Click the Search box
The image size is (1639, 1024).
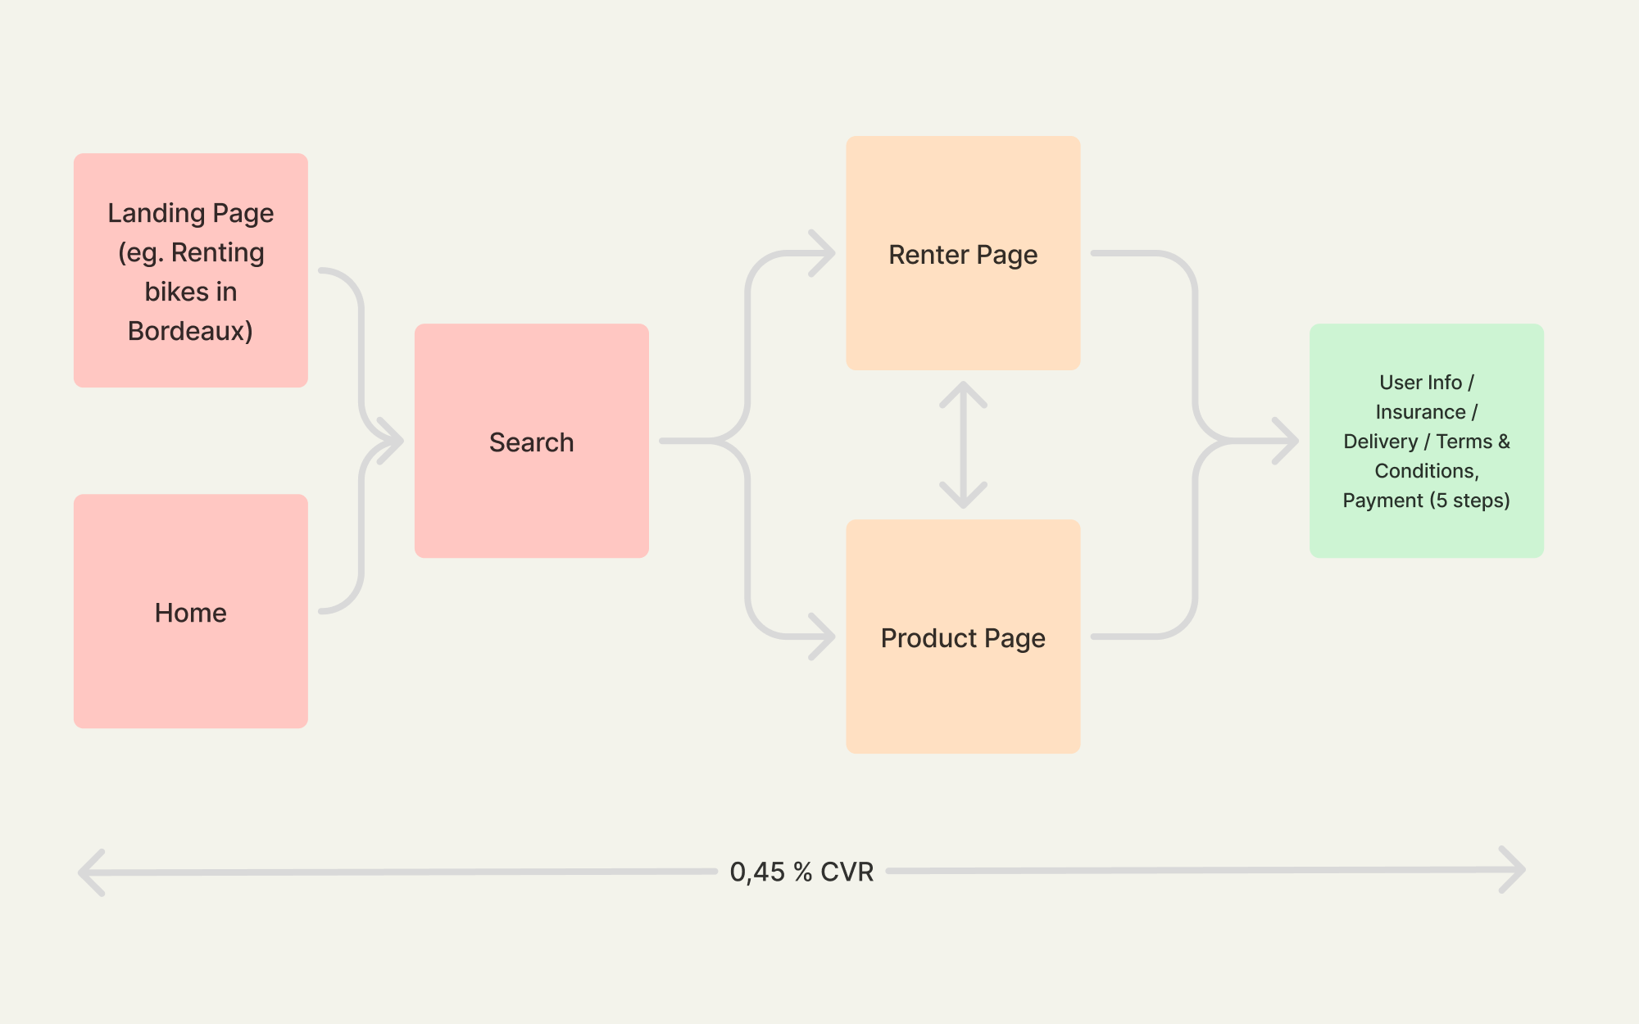531,441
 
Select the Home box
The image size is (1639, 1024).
191,611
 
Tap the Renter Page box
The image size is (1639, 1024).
963,253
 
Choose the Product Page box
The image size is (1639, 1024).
963,637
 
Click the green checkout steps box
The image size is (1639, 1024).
1427,441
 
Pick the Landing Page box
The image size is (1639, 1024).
191,270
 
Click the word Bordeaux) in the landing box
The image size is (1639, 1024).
190,331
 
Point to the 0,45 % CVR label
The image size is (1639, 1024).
801,872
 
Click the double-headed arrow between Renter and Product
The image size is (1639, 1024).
963,445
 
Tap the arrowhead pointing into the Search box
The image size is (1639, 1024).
392,441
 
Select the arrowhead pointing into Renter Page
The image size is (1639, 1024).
823,253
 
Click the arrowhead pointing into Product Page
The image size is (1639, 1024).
823,637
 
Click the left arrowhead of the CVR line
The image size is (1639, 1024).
91,872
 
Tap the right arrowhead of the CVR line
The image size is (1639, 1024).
1513,870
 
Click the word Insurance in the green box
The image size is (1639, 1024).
1420,412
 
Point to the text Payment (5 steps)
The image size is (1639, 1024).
1426,501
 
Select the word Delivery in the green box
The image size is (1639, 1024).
1380,442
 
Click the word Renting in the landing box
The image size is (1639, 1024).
217,252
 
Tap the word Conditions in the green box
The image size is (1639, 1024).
1425,471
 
